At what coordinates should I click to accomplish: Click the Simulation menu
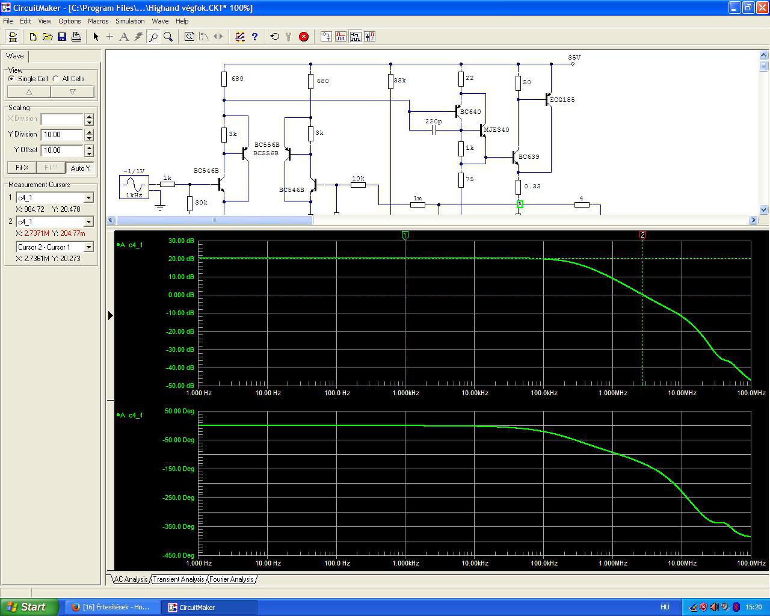[130, 21]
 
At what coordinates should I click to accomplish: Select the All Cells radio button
[56, 79]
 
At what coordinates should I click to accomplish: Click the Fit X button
[22, 168]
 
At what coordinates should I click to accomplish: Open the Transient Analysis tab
[178, 579]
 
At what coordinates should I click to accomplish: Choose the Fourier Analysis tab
[231, 579]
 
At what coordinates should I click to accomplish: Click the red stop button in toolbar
[304, 37]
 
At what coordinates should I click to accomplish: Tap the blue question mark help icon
[254, 37]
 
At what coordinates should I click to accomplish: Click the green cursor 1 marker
[405, 235]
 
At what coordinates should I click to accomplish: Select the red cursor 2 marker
[642, 235]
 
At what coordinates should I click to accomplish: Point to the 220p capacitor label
[433, 122]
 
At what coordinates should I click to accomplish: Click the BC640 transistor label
[470, 112]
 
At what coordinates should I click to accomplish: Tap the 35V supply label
[574, 57]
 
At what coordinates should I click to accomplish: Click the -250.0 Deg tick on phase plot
[178, 497]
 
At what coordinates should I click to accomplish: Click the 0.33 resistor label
[532, 186]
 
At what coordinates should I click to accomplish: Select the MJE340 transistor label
[496, 129]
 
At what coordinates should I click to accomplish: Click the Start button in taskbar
[29, 607]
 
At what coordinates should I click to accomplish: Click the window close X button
[762, 7]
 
